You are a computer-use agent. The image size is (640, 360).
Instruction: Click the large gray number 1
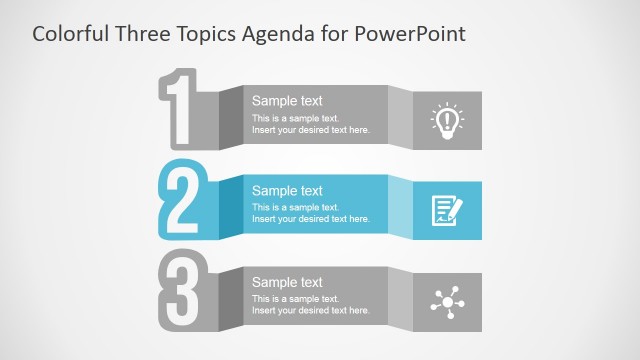(180, 110)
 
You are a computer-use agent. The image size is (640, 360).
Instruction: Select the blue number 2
(181, 200)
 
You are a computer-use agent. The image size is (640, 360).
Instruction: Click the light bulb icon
(447, 119)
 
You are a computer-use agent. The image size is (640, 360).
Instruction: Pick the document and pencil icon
(447, 210)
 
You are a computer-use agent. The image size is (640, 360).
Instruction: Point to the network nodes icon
(446, 301)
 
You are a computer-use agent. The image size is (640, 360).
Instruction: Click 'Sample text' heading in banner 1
(287, 101)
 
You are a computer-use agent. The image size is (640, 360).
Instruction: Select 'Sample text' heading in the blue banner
(287, 191)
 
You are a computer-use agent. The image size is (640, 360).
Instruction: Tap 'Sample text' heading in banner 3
(287, 282)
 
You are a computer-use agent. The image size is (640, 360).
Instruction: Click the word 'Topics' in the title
(205, 34)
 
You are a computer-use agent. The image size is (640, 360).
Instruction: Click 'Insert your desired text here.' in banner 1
(311, 130)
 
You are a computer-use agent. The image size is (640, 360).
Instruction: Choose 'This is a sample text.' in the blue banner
(296, 208)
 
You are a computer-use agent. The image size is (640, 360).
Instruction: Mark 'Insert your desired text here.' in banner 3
(311, 311)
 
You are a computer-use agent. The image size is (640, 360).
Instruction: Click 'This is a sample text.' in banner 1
(296, 118)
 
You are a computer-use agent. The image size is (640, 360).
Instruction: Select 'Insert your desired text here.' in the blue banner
(311, 220)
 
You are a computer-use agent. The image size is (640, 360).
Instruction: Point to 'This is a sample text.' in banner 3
(296, 299)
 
